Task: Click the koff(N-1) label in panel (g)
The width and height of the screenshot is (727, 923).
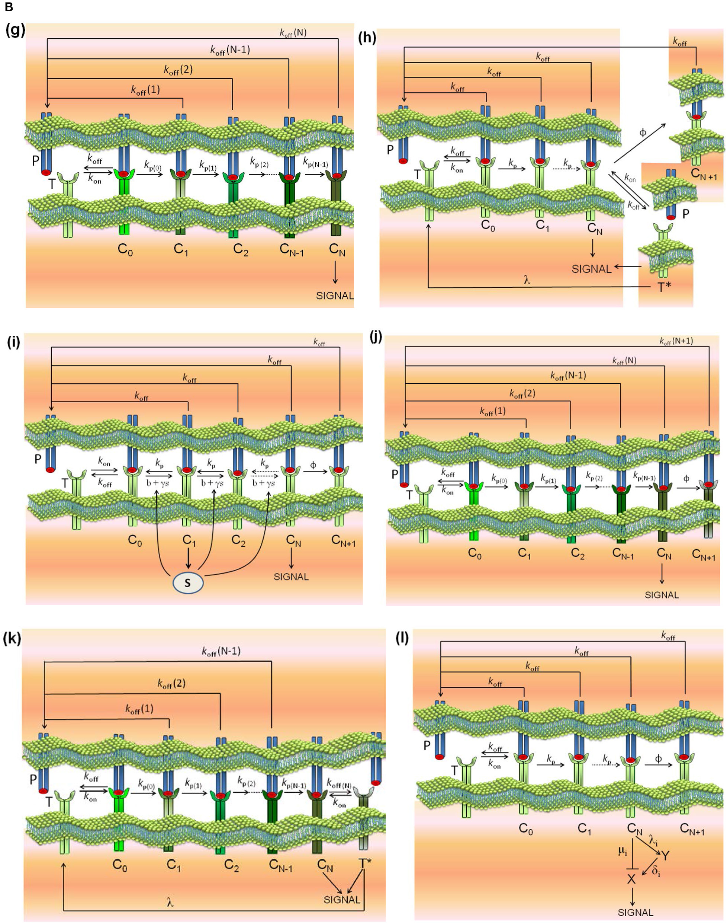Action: pyautogui.click(x=230, y=50)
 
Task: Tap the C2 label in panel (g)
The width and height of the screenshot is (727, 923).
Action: pyautogui.click(x=241, y=250)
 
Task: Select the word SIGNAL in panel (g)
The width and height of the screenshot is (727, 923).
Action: pyautogui.click(x=335, y=295)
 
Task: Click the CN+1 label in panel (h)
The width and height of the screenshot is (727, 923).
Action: pyautogui.click(x=704, y=174)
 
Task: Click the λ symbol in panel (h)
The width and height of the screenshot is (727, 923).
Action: pyautogui.click(x=527, y=280)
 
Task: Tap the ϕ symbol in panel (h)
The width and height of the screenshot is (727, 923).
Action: pyautogui.click(x=643, y=132)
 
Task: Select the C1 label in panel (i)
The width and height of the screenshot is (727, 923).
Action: pyautogui.click(x=189, y=540)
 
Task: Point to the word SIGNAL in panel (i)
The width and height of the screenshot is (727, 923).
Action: pyautogui.click(x=291, y=577)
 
